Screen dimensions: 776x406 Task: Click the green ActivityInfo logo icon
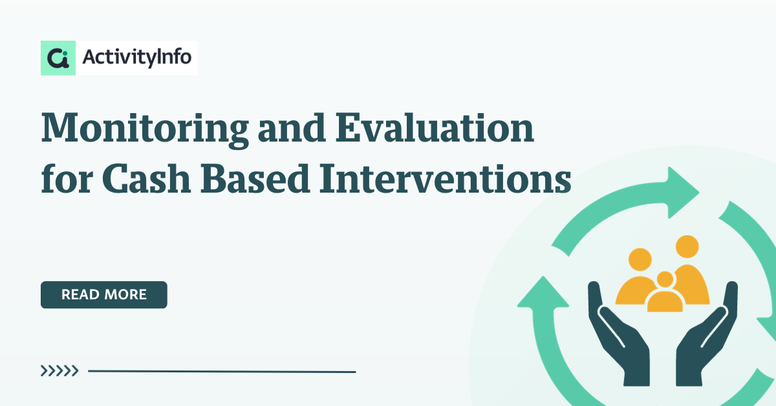coord(58,58)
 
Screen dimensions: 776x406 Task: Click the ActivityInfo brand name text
coord(137,57)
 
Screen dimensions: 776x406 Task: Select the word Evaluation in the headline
coord(435,127)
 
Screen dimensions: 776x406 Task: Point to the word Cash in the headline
coord(146,178)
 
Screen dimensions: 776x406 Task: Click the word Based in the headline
coord(255,178)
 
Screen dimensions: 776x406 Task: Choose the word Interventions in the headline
coord(445,178)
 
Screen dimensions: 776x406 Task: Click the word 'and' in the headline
coord(292,127)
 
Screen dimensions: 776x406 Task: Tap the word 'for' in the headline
coord(67,178)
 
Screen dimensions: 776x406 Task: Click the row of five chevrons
coord(59,370)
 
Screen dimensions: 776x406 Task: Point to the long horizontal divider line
coord(222,371)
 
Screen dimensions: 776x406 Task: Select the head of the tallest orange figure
coord(687,247)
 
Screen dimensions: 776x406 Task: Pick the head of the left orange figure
coord(640,259)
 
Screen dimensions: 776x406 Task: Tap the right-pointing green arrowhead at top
coord(683,193)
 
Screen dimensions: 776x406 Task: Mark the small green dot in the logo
coord(65,53)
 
